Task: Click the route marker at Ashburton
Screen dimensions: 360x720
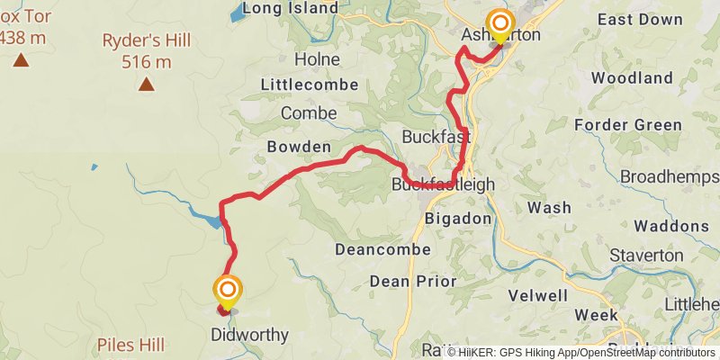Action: (x=499, y=22)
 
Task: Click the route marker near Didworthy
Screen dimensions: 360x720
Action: (x=227, y=290)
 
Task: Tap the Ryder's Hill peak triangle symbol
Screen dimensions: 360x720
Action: (x=146, y=85)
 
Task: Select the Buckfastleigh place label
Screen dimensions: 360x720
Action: (x=444, y=184)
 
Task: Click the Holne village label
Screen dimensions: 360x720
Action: (x=318, y=58)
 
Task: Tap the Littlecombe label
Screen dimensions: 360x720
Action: (x=309, y=85)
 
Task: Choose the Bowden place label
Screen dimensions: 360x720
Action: (x=299, y=146)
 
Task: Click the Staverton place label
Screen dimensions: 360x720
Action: (x=646, y=255)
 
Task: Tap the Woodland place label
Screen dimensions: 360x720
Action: (x=633, y=78)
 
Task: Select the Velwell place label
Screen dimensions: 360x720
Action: (x=537, y=295)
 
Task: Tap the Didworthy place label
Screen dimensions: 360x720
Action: (x=249, y=336)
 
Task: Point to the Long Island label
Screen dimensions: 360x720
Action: (x=290, y=8)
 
